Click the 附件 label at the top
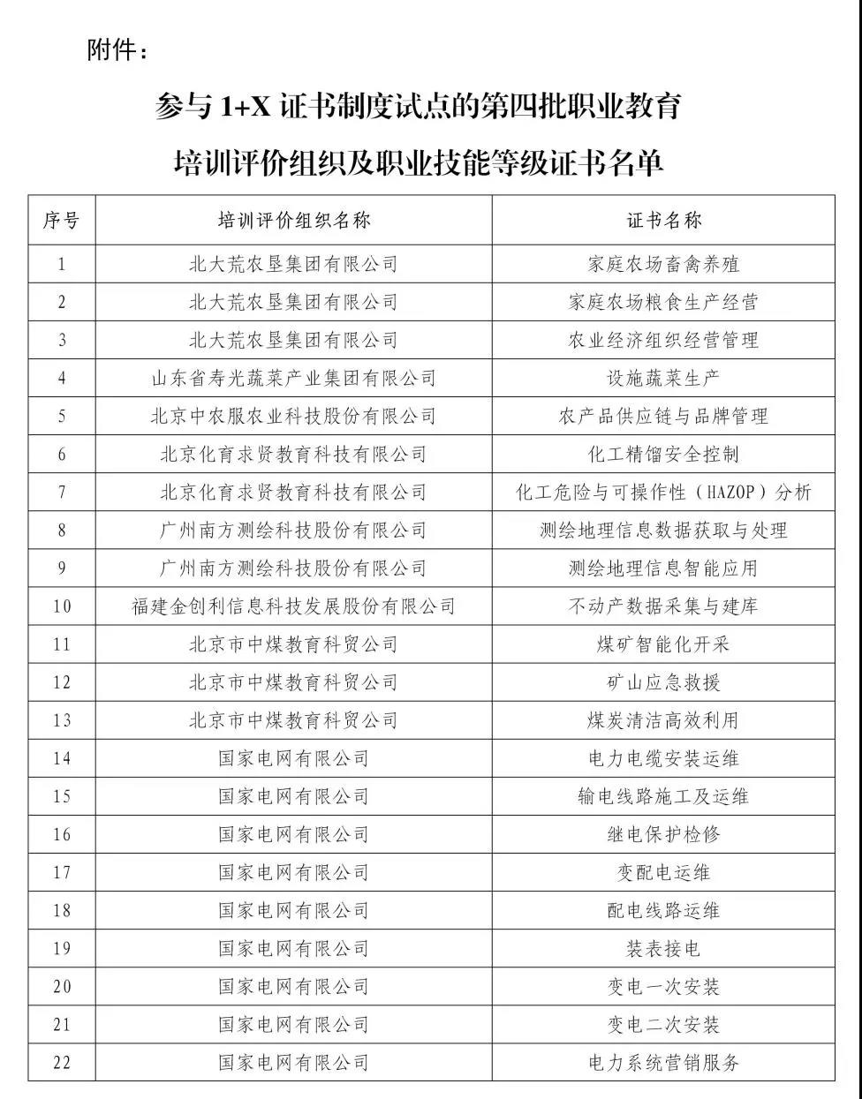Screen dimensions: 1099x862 point(117,51)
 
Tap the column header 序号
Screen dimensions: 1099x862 point(61,220)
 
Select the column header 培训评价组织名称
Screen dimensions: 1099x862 point(294,220)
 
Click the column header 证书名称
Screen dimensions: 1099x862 point(663,220)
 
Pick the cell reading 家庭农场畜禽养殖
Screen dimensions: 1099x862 point(663,264)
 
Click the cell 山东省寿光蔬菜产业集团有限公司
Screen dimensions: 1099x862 point(294,378)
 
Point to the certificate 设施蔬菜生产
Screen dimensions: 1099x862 point(663,378)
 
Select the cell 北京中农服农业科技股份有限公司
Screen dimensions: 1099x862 point(294,416)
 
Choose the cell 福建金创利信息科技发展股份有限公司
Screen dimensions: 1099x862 point(294,606)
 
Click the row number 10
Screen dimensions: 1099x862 point(61,606)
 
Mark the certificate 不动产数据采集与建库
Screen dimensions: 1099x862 point(663,606)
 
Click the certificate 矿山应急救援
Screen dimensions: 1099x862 point(663,682)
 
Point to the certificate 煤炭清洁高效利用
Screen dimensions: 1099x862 point(663,720)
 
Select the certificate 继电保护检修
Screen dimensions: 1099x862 point(663,834)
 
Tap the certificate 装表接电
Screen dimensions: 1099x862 point(663,949)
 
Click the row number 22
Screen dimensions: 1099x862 point(61,1063)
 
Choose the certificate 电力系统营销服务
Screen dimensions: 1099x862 point(663,1063)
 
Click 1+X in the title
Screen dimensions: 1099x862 point(246,107)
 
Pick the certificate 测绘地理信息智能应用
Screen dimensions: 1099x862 point(663,568)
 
